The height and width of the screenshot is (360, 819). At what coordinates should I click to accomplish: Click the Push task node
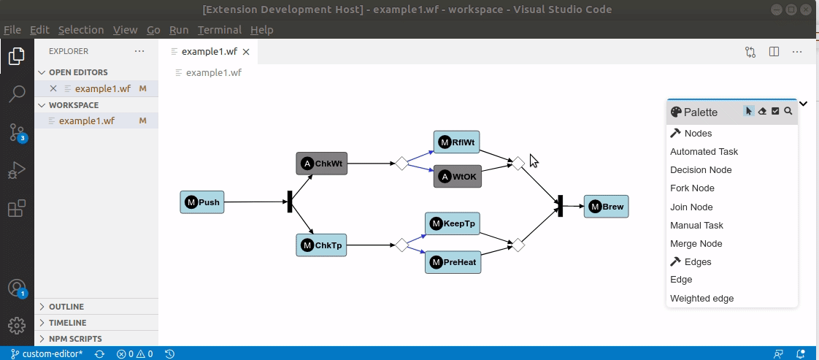202,202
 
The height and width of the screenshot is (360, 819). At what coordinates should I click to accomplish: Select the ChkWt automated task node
322,164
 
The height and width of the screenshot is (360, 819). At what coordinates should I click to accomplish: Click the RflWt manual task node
456,142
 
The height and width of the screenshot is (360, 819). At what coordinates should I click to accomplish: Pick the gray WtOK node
456,177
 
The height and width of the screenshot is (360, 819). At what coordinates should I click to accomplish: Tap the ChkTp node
321,245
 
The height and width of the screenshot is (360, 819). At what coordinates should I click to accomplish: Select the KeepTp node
453,223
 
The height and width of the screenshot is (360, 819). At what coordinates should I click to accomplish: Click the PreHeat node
453,262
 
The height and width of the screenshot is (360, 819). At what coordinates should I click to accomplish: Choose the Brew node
606,207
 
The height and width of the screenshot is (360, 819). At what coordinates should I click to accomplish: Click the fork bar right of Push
290,202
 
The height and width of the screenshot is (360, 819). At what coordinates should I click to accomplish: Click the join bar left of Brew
560,206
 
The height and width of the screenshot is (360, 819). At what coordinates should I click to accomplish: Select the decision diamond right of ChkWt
401,164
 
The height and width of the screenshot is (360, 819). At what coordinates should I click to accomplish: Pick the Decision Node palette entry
701,170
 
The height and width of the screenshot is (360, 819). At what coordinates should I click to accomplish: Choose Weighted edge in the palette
701,298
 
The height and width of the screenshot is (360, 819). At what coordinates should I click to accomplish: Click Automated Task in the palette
704,152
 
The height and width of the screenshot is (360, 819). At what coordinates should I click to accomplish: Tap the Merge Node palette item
696,244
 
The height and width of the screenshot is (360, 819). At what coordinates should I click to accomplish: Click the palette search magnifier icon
788,111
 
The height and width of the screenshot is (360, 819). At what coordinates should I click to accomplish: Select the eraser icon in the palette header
762,111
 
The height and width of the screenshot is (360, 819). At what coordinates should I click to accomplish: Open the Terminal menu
219,30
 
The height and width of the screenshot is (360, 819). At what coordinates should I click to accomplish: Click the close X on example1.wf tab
246,52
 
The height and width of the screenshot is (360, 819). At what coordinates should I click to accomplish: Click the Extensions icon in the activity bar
16,208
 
